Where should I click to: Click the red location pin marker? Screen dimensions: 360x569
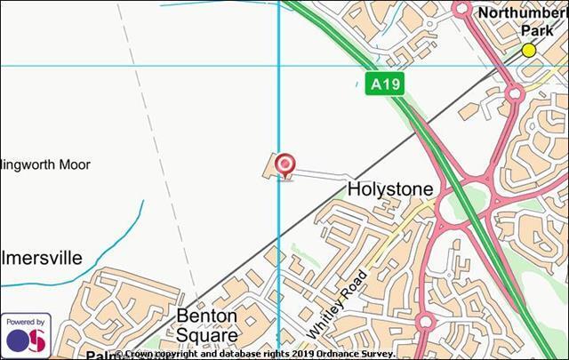pyautogui.click(x=284, y=164)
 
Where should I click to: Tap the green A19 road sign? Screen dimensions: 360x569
pyautogui.click(x=385, y=84)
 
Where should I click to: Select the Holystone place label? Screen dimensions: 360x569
pyautogui.click(x=389, y=189)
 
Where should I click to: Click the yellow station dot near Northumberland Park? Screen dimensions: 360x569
pyautogui.click(x=529, y=50)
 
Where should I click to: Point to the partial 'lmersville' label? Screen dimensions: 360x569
pyautogui.click(x=41, y=259)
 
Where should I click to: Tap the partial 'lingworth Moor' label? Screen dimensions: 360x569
pyautogui.click(x=45, y=164)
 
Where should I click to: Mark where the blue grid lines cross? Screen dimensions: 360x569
pyautogui.click(x=279, y=66)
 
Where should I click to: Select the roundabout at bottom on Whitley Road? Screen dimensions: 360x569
pyautogui.click(x=424, y=322)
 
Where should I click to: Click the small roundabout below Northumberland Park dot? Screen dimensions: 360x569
pyautogui.click(x=514, y=92)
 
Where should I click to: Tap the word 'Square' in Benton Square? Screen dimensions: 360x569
pyautogui.click(x=206, y=336)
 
